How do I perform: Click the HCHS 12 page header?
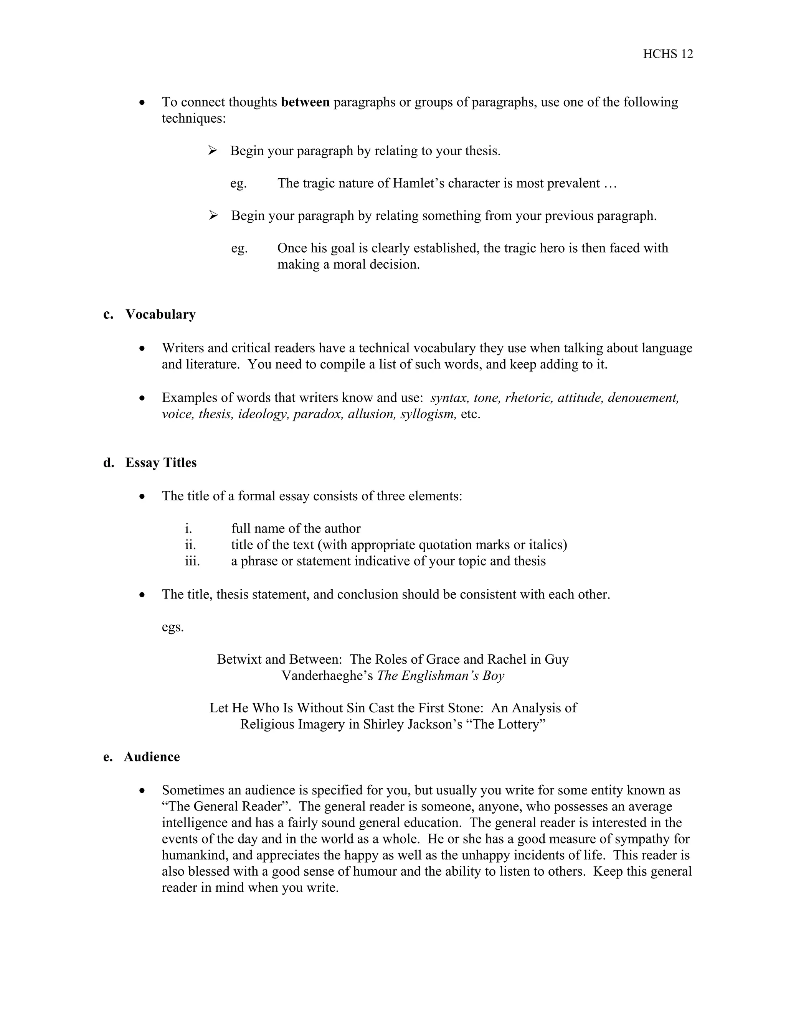click(x=668, y=54)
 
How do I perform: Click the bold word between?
click(x=305, y=102)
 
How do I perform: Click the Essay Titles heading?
click(x=161, y=462)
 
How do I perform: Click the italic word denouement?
click(x=643, y=398)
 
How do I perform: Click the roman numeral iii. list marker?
click(x=192, y=561)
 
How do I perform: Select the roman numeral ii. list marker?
click(x=190, y=545)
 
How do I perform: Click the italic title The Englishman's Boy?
click(x=441, y=676)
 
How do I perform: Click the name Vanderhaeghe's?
click(x=327, y=676)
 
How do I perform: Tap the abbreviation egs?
click(x=173, y=627)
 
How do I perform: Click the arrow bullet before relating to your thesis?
click(x=213, y=151)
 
